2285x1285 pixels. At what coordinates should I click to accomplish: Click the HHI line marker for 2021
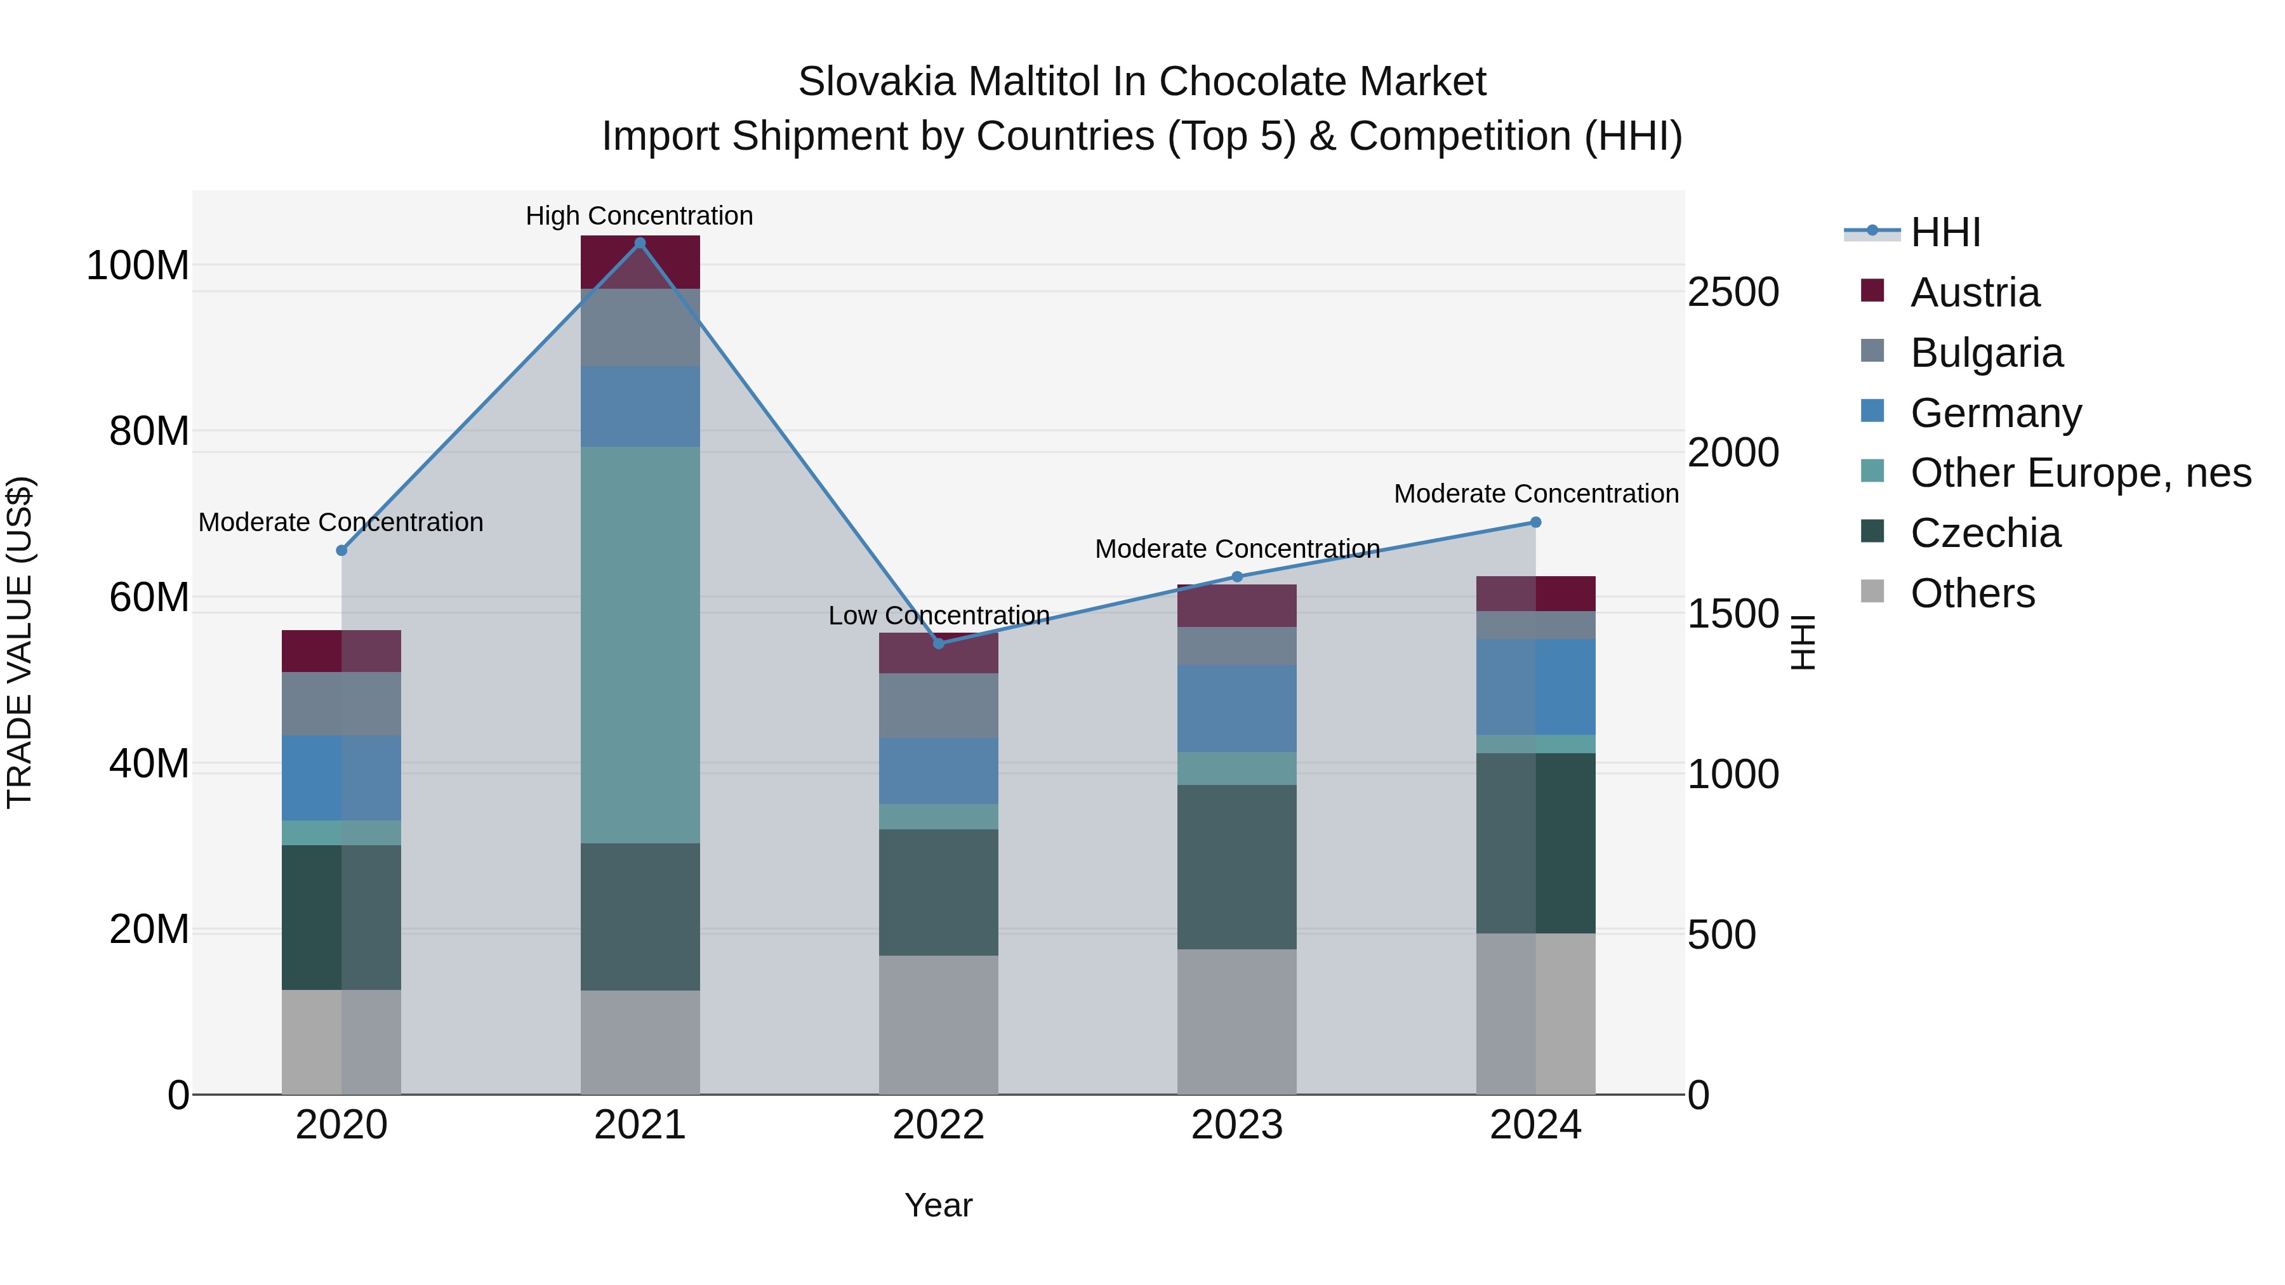(640, 243)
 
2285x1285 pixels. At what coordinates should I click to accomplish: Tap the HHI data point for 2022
(939, 643)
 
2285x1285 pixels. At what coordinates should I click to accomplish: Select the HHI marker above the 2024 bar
(1535, 522)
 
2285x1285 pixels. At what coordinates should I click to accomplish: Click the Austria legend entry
(1975, 293)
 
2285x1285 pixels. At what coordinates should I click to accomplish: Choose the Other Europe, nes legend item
(2080, 473)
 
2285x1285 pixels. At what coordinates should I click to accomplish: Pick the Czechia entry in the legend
(1985, 533)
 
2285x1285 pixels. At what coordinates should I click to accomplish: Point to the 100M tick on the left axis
(138, 265)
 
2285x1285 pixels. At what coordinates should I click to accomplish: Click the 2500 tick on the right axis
(1732, 292)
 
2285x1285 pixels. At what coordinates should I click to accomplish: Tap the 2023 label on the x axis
(1236, 1125)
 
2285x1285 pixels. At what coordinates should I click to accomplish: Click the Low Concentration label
(939, 616)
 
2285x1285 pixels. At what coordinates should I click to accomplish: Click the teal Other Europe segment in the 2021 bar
(640, 645)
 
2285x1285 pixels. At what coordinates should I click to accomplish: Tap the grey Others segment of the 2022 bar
(939, 1024)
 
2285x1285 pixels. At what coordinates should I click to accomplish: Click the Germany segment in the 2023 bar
(1236, 709)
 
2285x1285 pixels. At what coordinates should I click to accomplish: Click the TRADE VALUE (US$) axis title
(20, 642)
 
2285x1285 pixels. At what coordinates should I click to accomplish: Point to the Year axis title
(939, 1205)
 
